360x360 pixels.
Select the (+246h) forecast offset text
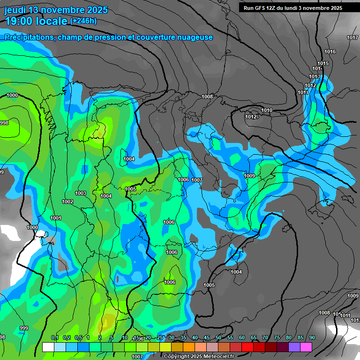tap(83, 21)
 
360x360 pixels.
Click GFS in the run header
tap(261, 7)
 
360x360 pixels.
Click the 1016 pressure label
tap(330, 52)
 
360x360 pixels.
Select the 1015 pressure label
tap(323, 63)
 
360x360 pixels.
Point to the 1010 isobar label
tap(267, 110)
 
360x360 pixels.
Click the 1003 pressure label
tap(81, 193)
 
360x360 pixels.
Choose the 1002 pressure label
tap(67, 202)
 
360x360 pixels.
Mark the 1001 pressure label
tap(56, 218)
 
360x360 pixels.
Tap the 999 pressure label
tap(24, 328)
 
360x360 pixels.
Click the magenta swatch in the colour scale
tap(306, 347)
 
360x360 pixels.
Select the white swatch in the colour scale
tap(48, 347)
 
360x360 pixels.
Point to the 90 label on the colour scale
tap(312, 337)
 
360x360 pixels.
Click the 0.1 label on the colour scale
tap(54, 337)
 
